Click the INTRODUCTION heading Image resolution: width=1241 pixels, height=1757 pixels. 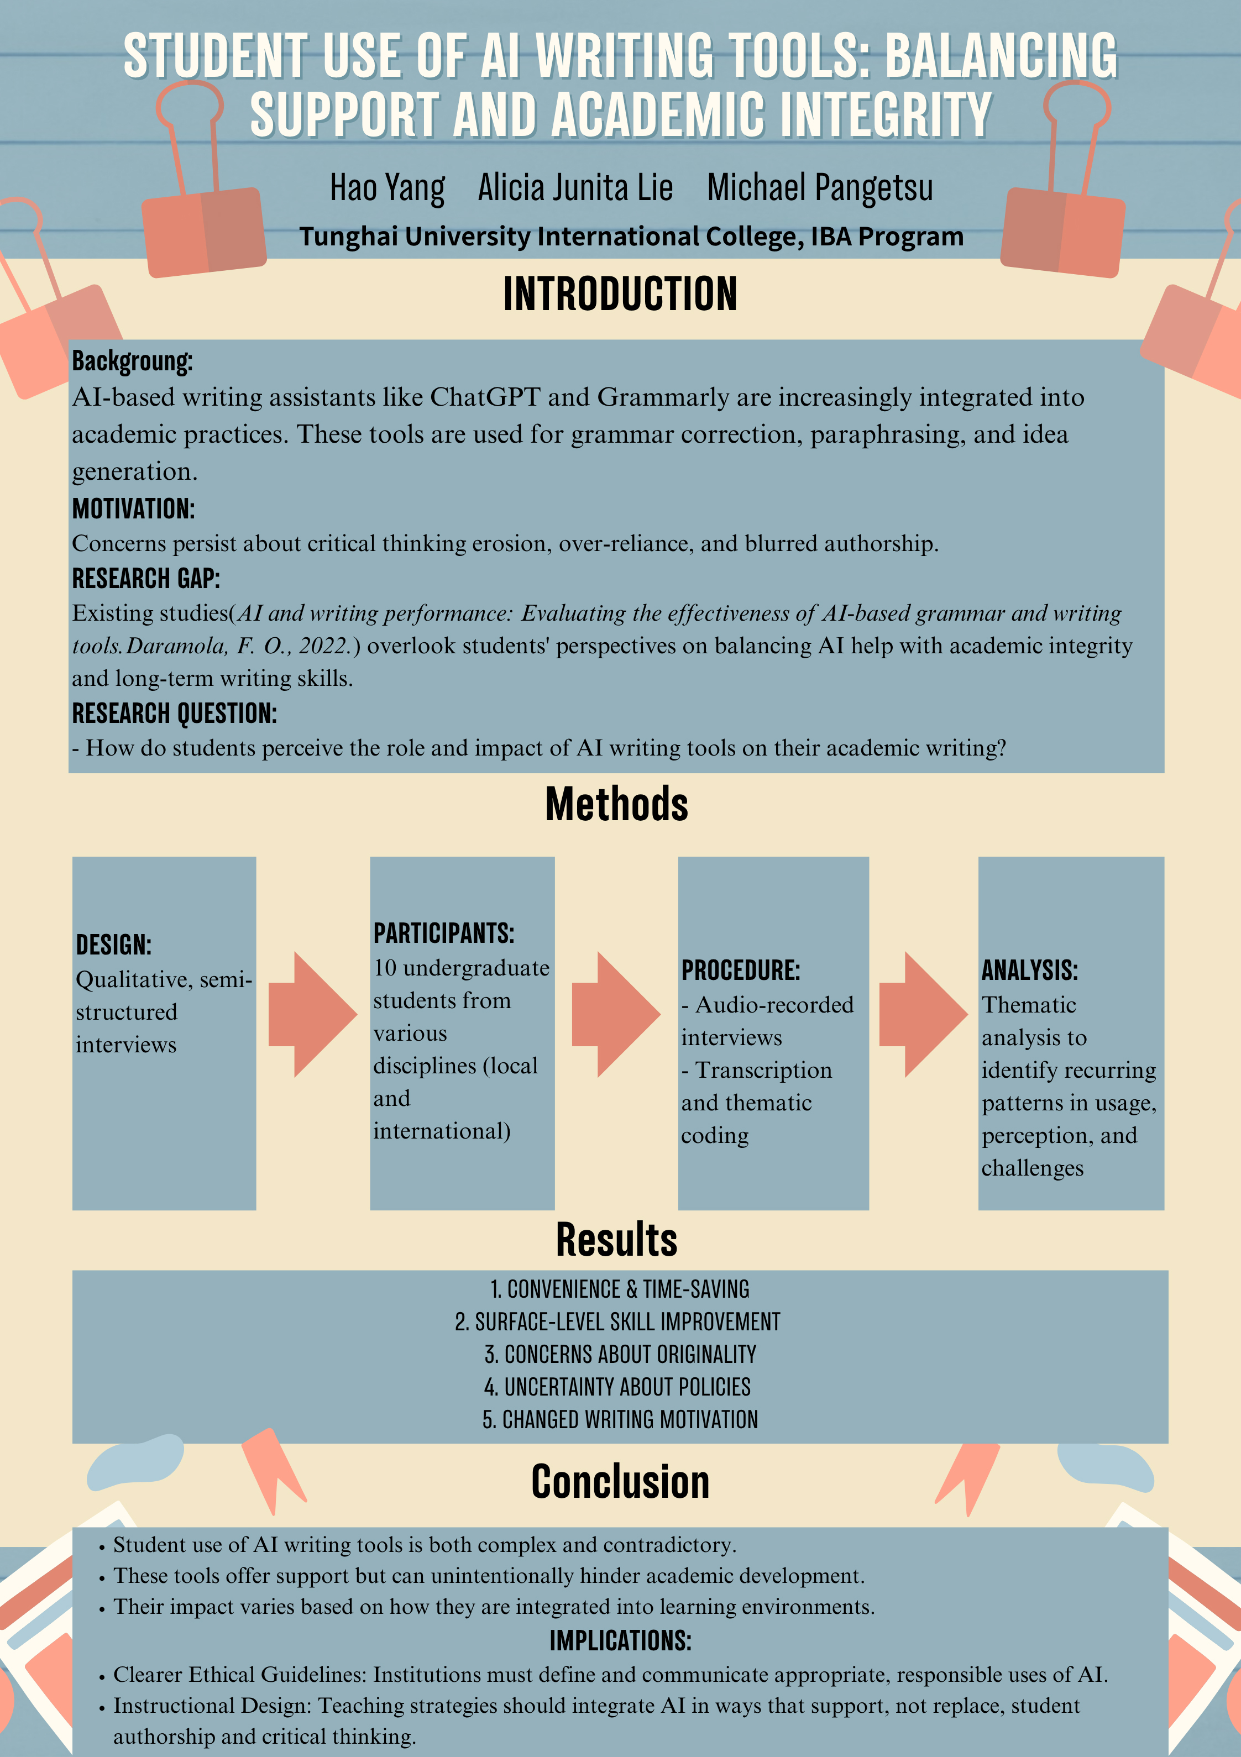tap(620, 295)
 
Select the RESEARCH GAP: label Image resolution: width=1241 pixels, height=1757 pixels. tap(145, 579)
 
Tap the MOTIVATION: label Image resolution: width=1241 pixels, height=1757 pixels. tap(133, 509)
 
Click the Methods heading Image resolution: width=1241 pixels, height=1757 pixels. tap(616, 804)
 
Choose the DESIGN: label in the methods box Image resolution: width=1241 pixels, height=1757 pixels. tap(113, 945)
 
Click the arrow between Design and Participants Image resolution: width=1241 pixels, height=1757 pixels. tap(312, 1015)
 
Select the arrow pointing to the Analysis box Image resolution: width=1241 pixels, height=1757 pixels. tap(923, 1015)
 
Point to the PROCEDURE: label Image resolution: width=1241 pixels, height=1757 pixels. tap(740, 971)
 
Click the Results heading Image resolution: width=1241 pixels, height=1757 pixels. tap(616, 1240)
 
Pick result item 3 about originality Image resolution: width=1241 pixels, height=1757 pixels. tap(620, 1355)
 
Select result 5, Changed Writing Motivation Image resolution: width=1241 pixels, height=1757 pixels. tap(620, 1419)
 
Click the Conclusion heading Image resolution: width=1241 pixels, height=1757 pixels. tap(620, 1482)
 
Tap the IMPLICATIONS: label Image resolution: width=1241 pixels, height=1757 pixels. tap(620, 1641)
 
